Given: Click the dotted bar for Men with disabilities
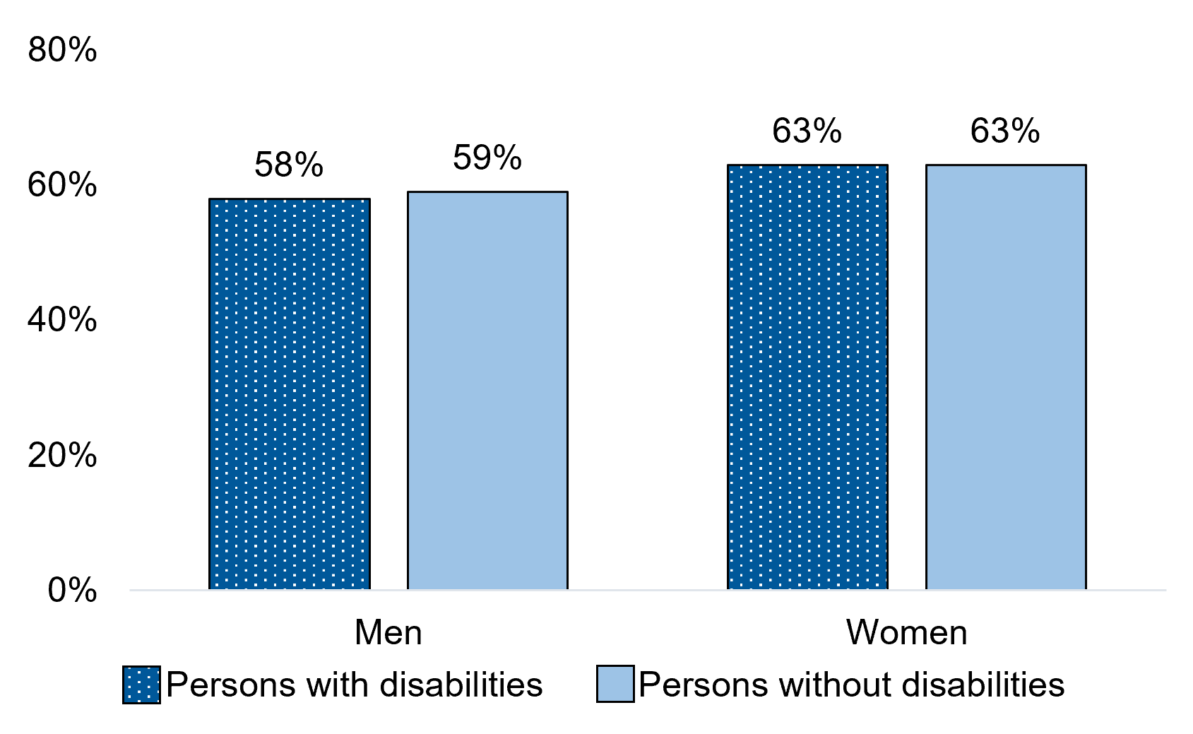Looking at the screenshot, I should (x=290, y=393).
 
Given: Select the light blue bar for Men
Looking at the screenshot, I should (x=487, y=390).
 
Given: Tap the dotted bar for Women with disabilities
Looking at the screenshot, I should (x=807, y=377).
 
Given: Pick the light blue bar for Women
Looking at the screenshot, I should (x=1006, y=377).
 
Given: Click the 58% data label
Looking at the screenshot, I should (x=289, y=165).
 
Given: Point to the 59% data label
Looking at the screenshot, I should (x=487, y=158).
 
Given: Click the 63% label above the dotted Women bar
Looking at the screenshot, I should (x=807, y=131).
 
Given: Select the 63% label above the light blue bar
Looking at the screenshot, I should (x=1005, y=131).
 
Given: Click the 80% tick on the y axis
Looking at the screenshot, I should (x=62, y=50).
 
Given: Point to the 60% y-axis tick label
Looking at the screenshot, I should (x=62, y=185).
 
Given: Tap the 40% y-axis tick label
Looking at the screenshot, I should (x=62, y=320).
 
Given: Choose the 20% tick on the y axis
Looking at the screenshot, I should (x=62, y=456).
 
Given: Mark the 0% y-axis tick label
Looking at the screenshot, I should (x=72, y=591).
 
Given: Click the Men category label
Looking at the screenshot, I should (x=388, y=632).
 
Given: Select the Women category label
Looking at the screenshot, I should (x=907, y=632).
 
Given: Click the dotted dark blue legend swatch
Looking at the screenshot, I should (x=141, y=685).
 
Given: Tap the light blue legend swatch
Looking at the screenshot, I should (x=615, y=685).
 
